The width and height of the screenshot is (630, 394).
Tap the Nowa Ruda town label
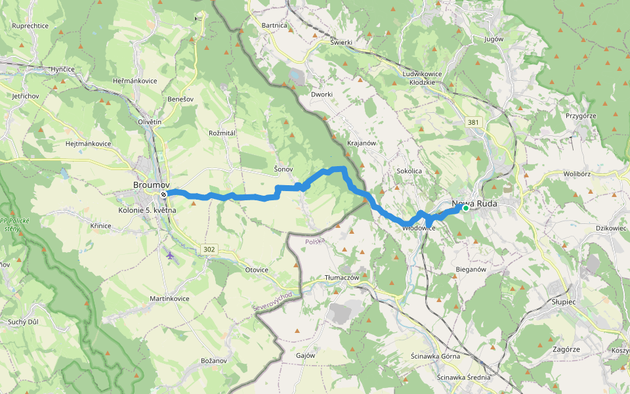474,204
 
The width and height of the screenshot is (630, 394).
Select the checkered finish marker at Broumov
163,194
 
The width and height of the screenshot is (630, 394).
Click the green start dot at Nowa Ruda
465,208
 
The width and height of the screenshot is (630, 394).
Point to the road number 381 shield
473,122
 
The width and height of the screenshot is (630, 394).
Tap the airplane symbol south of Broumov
171,255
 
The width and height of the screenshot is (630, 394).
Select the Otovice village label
257,270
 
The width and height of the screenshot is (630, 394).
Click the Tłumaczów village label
343,278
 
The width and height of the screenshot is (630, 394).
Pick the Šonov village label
283,169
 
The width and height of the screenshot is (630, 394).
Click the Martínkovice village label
169,298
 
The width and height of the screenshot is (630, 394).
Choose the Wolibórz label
577,174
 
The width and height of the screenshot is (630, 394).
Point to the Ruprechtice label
30,26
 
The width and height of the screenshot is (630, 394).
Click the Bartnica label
274,25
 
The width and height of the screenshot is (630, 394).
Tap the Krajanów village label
360,142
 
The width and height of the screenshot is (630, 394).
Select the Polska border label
315,242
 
